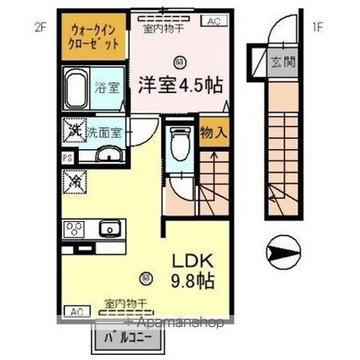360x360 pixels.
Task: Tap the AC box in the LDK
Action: [74, 310]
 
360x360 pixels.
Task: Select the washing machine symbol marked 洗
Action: [75, 131]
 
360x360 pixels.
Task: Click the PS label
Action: [66, 156]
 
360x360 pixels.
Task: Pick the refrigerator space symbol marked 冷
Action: [75, 180]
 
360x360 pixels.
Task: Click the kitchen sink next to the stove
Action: [108, 228]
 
